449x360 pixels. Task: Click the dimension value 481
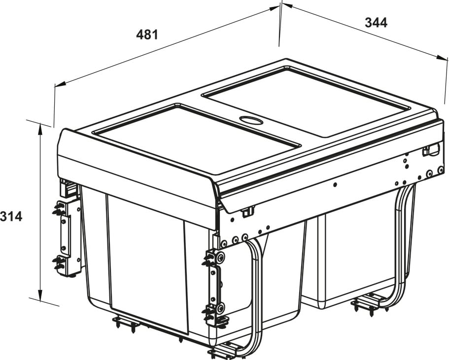[147, 35]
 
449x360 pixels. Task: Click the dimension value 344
[376, 23]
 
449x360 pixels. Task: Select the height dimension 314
[11, 216]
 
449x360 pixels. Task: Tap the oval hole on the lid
[251, 120]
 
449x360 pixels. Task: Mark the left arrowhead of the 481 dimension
[61, 84]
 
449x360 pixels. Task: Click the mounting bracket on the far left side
[68, 238]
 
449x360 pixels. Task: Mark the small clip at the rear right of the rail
[431, 150]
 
